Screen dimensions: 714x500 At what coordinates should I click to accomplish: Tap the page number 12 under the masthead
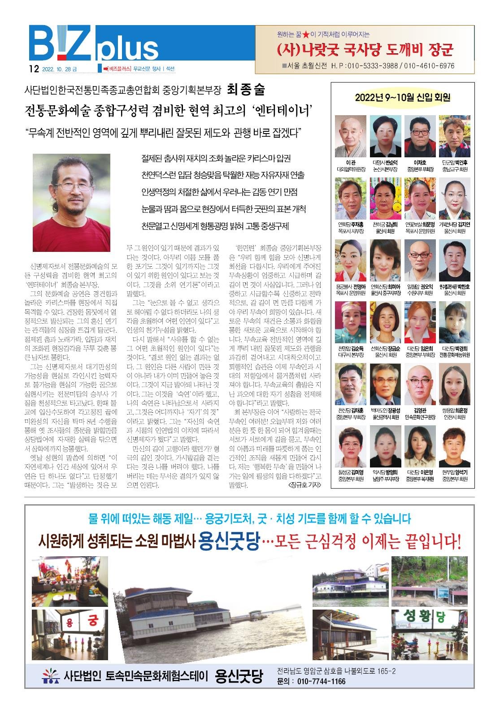(32, 69)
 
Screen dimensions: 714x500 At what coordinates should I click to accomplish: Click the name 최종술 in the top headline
(246, 90)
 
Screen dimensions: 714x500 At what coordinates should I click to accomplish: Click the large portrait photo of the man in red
(72, 203)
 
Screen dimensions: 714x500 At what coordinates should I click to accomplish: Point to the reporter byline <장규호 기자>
(304, 485)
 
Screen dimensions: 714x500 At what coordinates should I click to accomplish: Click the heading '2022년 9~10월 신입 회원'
(402, 97)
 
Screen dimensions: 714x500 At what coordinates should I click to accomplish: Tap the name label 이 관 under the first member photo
(351, 163)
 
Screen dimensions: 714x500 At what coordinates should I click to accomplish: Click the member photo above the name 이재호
(420, 136)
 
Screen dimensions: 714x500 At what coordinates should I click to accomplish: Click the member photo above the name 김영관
(420, 385)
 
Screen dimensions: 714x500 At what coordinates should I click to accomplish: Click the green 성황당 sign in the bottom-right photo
(420, 617)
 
